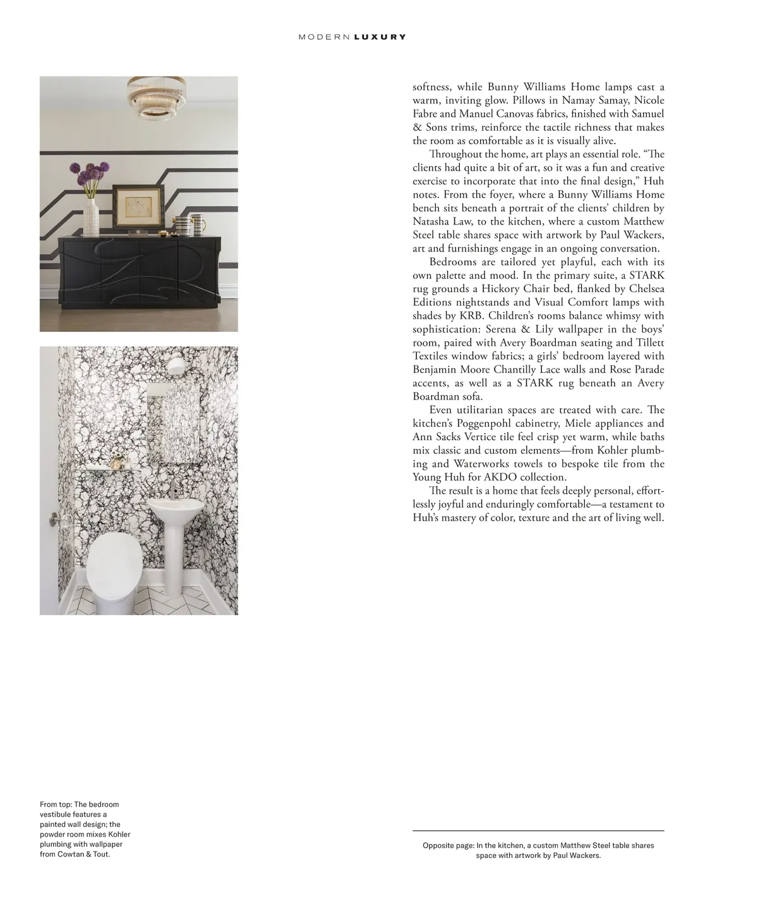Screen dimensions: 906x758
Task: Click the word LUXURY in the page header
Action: coord(380,37)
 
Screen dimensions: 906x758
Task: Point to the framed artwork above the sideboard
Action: coord(137,205)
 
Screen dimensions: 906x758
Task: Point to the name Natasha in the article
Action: coord(432,221)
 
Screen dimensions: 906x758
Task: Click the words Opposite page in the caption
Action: coord(447,845)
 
